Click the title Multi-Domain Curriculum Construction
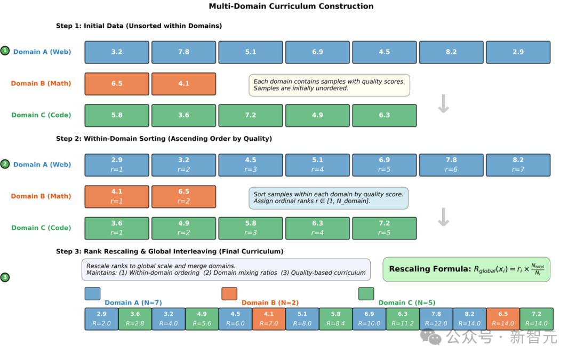pyautogui.click(x=291, y=6)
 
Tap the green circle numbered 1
pyautogui.click(x=5, y=51)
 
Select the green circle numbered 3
pyautogui.click(x=5, y=277)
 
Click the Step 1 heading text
pyautogui.click(x=139, y=26)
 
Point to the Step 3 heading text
pyautogui.click(x=170, y=251)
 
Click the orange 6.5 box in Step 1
pyautogui.click(x=117, y=84)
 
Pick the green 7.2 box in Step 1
pyautogui.click(x=251, y=115)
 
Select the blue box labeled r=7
pyautogui.click(x=518, y=165)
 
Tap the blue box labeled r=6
pyautogui.click(x=451, y=165)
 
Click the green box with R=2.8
pyautogui.click(x=135, y=319)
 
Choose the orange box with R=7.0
pyautogui.click(x=268, y=319)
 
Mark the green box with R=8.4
pyautogui.click(x=335, y=319)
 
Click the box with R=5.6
pyautogui.click(x=202, y=319)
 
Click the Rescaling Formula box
pyautogui.click(x=467, y=269)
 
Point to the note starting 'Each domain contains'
pyautogui.click(x=329, y=85)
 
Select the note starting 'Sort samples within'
pyautogui.click(x=329, y=198)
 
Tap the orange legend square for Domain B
pyautogui.click(x=229, y=293)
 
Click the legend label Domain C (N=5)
pyautogui.click(x=406, y=303)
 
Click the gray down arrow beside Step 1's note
pyautogui.click(x=443, y=103)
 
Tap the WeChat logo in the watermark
pyautogui.click(x=430, y=337)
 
